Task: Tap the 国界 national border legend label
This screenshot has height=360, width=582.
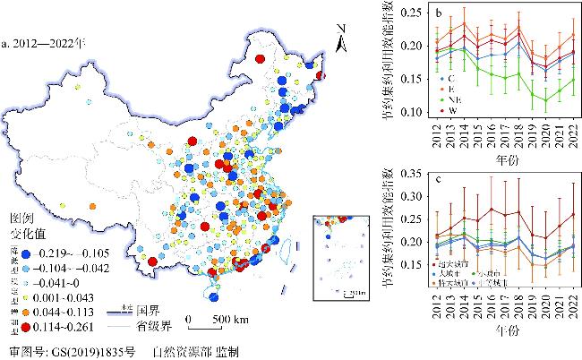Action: [x=148, y=305]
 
